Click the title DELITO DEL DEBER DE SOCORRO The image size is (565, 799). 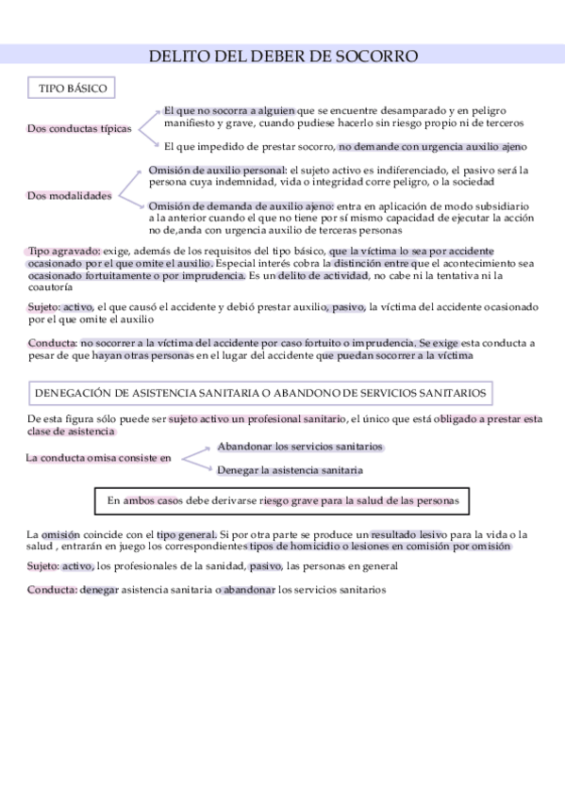(283, 57)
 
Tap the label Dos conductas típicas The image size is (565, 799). (79, 128)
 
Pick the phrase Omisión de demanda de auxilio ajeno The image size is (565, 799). (241, 205)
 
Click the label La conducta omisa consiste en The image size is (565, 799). (99, 458)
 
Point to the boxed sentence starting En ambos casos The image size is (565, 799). (283, 501)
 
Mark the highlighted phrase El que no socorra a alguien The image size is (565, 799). (229, 110)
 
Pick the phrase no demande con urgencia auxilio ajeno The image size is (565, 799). (433, 146)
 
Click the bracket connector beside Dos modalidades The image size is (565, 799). (130, 188)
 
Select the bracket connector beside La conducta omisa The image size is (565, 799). (194, 458)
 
